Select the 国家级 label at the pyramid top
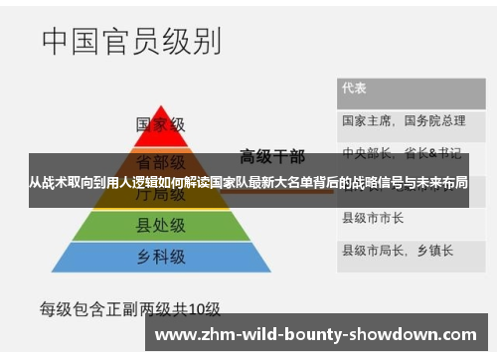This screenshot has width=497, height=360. pyautogui.click(x=160, y=124)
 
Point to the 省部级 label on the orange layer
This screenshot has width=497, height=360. pyautogui.click(x=160, y=161)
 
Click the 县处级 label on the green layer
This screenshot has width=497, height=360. pyautogui.click(x=160, y=227)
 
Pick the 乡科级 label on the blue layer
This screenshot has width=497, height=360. pyautogui.click(x=160, y=257)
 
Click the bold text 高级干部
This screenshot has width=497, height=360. pyautogui.click(x=272, y=155)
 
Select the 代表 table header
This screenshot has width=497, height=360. pyautogui.click(x=354, y=88)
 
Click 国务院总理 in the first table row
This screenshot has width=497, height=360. pyautogui.click(x=434, y=120)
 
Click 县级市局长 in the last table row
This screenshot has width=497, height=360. pyautogui.click(x=373, y=249)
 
